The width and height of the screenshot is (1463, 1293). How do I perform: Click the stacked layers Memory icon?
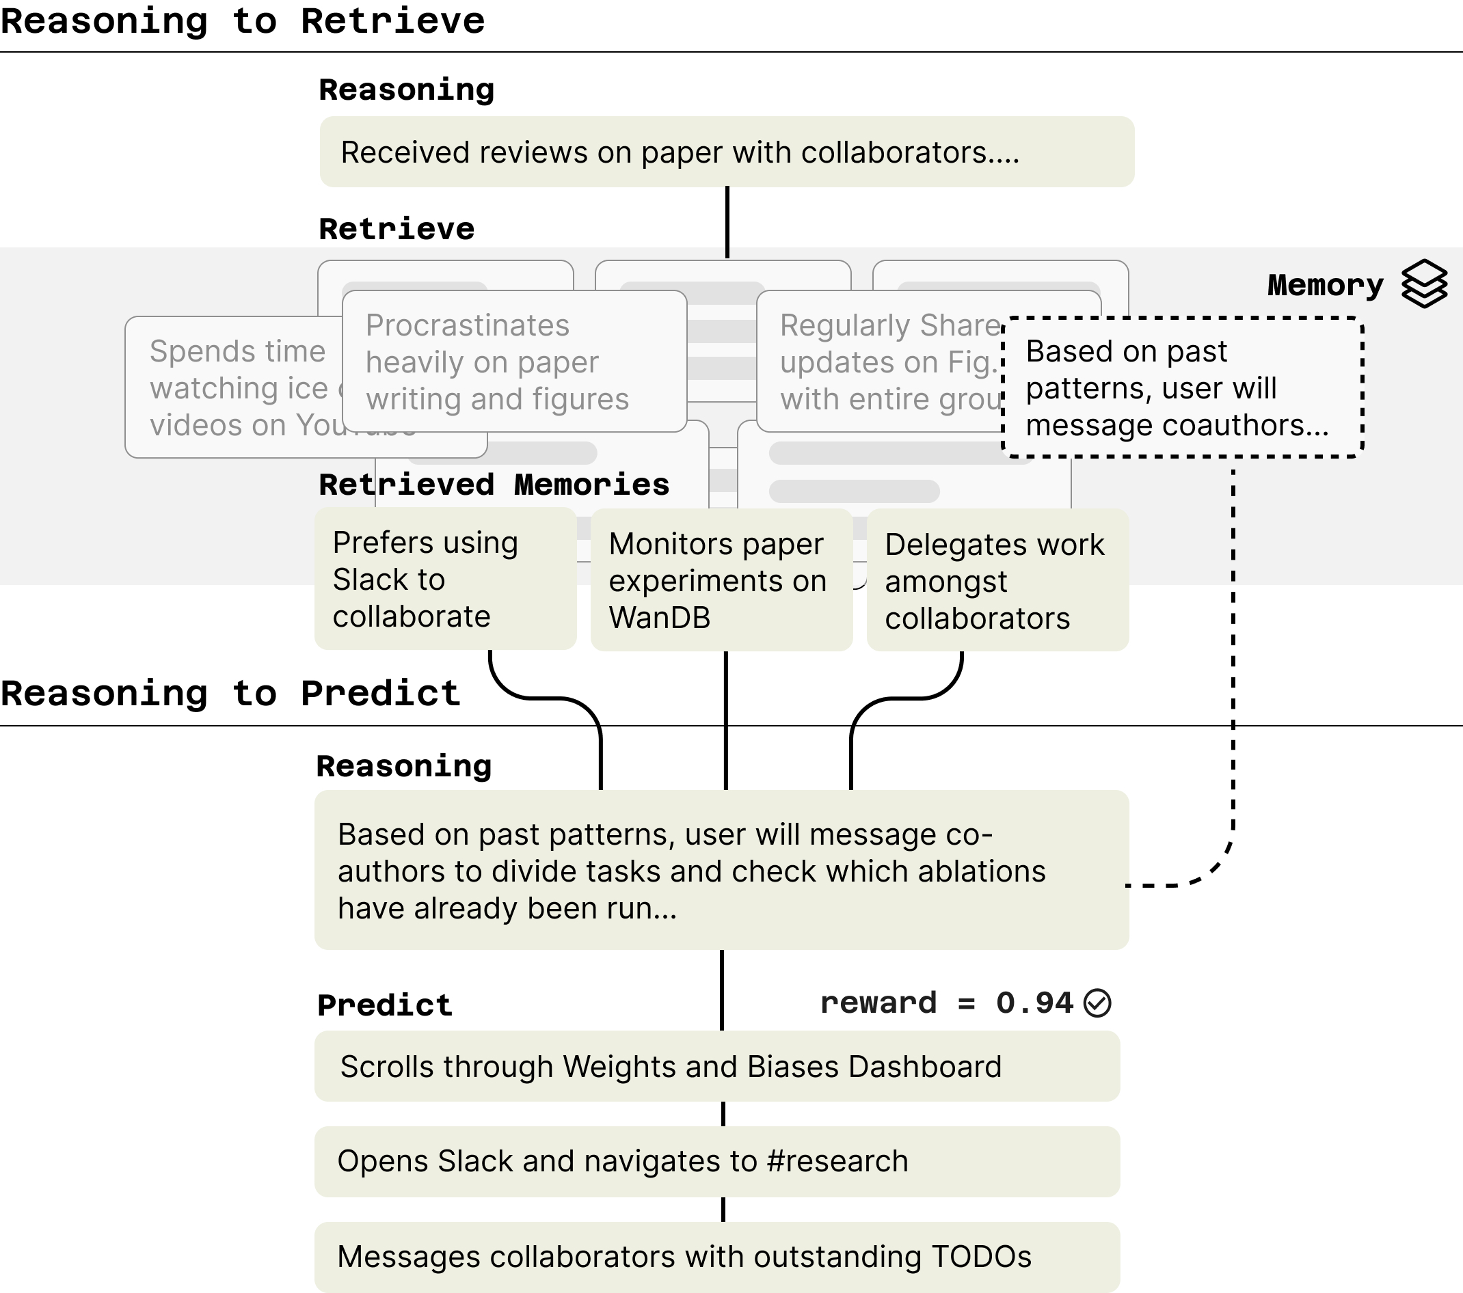(x=1423, y=284)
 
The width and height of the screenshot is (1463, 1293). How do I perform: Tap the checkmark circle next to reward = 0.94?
(x=1097, y=1003)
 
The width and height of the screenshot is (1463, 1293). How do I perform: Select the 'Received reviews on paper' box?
(x=726, y=152)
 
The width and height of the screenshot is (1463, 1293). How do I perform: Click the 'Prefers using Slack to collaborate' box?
(x=445, y=579)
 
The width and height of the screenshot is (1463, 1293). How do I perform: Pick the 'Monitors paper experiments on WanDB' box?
(x=721, y=580)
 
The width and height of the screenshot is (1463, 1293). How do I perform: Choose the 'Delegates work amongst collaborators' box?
(x=997, y=580)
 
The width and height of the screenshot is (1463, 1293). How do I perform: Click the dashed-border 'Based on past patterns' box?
(x=1182, y=387)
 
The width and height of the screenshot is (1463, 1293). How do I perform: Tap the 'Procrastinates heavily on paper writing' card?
(x=513, y=362)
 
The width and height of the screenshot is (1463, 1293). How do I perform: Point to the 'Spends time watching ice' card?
(x=236, y=387)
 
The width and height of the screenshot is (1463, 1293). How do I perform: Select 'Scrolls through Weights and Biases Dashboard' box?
(x=716, y=1066)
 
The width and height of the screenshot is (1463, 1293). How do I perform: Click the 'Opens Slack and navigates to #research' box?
(x=716, y=1161)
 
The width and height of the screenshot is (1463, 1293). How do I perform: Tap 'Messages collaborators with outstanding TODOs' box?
(x=716, y=1257)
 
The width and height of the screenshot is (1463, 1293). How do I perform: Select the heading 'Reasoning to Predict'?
(x=230, y=694)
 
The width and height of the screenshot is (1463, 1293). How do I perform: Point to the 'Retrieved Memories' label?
(x=494, y=485)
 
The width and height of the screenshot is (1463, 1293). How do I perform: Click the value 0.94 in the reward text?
(x=1034, y=1003)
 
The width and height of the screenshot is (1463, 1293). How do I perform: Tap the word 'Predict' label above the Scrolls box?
(x=384, y=1005)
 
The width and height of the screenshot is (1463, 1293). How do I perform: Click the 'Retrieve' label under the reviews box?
(x=397, y=229)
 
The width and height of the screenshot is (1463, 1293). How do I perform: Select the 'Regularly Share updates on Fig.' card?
(x=881, y=362)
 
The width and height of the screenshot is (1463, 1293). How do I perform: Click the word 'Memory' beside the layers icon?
(x=1325, y=285)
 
